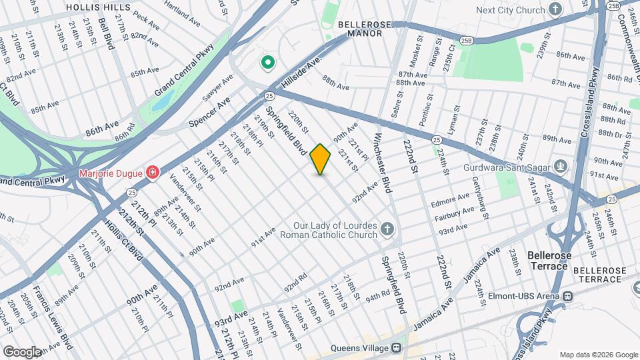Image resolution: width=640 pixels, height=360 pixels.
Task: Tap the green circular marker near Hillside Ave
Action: click(267, 63)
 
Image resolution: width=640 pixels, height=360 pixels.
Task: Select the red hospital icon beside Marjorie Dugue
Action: click(153, 173)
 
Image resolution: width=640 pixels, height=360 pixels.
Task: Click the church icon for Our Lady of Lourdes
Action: click(387, 231)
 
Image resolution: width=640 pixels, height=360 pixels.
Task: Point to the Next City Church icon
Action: click(555, 10)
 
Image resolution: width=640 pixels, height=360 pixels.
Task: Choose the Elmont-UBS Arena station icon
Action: click(567, 296)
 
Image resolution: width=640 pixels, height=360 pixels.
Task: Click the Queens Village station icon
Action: click(396, 347)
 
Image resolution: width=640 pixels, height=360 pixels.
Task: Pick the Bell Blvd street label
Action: click(105, 33)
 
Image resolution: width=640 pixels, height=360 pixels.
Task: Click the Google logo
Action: click(21, 351)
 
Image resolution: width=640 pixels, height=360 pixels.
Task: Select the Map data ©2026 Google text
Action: click(598, 355)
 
